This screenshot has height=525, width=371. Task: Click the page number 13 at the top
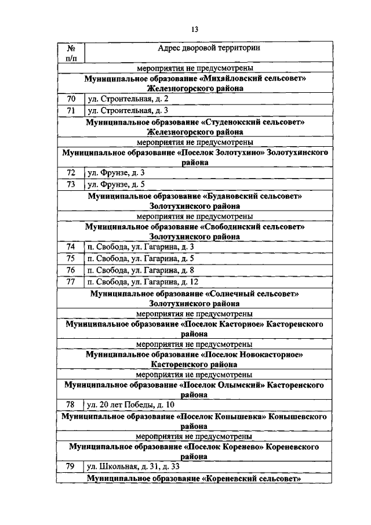click(194, 30)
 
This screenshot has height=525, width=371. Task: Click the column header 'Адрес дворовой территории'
click(209, 48)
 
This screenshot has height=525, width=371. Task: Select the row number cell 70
click(71, 99)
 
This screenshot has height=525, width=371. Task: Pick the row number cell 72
click(71, 173)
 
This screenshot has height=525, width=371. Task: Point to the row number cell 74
click(71, 248)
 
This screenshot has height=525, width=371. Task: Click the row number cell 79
click(71, 467)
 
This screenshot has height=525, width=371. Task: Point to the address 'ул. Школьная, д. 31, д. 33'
click(133, 467)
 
